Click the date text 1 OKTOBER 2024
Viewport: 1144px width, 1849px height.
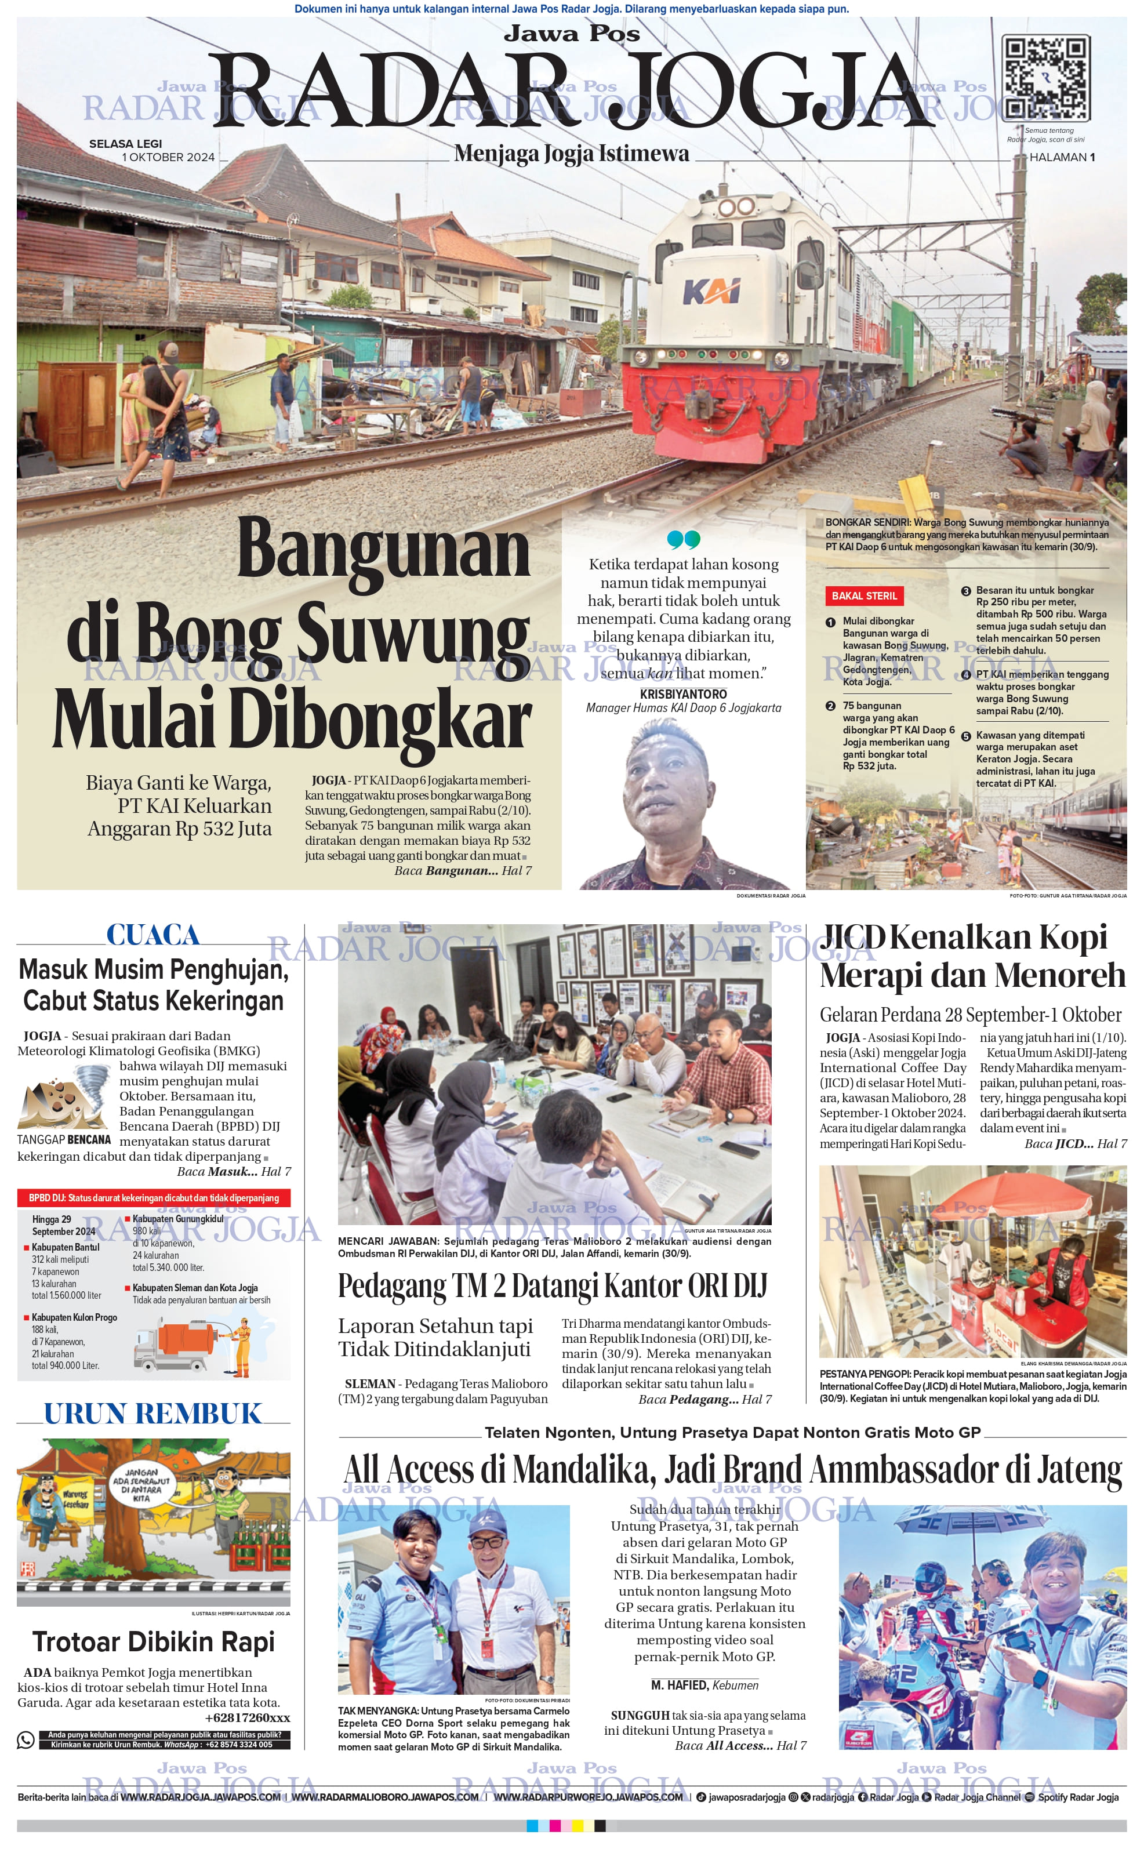(x=169, y=157)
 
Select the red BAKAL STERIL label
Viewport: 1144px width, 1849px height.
(x=864, y=595)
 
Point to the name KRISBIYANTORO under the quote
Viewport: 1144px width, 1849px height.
(x=683, y=694)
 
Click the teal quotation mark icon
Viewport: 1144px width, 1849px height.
(x=683, y=539)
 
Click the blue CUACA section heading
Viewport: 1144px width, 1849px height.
(x=153, y=935)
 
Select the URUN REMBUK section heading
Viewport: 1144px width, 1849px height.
(x=153, y=1413)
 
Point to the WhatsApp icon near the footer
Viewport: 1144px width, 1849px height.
(x=26, y=1740)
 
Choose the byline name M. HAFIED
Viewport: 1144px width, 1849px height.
(x=678, y=1685)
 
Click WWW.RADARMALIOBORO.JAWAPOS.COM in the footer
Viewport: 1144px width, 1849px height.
(x=384, y=1797)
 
